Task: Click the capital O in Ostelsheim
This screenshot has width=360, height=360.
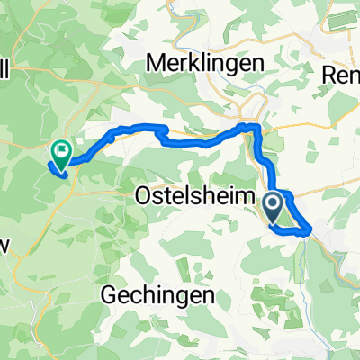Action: click(143, 195)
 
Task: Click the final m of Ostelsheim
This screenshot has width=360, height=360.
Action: click(236, 195)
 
